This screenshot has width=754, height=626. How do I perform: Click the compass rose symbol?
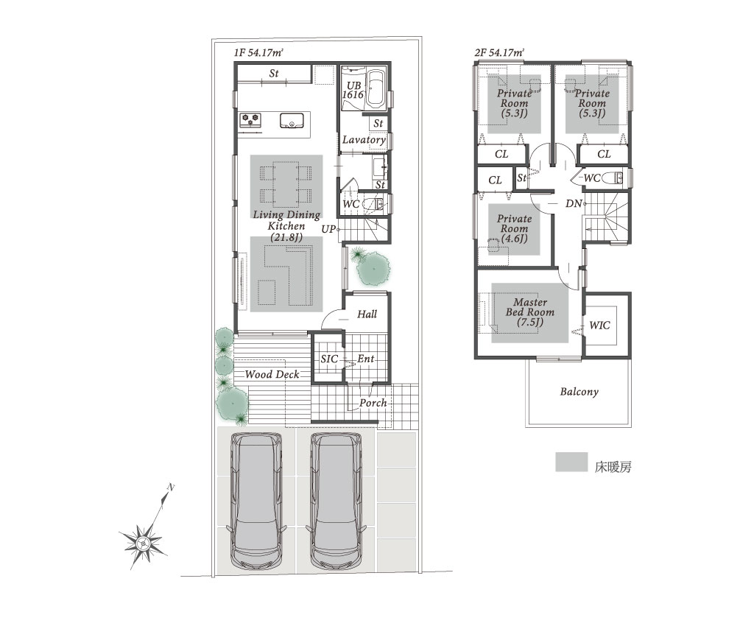click(x=143, y=544)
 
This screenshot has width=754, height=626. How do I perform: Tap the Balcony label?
click(x=579, y=391)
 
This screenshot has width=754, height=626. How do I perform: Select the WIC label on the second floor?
click(x=599, y=326)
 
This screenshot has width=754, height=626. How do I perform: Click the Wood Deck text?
click(x=272, y=374)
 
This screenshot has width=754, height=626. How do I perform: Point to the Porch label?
click(x=373, y=403)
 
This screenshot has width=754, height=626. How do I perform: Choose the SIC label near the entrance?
click(x=329, y=359)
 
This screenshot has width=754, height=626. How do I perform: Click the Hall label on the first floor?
click(x=367, y=314)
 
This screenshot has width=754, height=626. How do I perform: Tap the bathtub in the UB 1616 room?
click(x=376, y=89)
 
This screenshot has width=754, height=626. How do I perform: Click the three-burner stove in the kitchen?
click(x=250, y=120)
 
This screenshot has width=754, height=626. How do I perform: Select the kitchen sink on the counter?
click(x=292, y=121)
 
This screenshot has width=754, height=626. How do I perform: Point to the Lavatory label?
click(x=364, y=140)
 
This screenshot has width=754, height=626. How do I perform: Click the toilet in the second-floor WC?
click(x=612, y=178)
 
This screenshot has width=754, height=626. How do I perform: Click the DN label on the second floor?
click(x=573, y=204)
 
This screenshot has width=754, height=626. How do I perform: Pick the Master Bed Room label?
click(x=530, y=312)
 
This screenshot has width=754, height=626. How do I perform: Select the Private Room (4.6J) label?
click(x=515, y=228)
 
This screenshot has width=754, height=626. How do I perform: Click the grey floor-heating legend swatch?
click(x=571, y=462)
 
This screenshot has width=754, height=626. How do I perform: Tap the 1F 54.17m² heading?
click(x=258, y=52)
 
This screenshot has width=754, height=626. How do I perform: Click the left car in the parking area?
click(x=256, y=500)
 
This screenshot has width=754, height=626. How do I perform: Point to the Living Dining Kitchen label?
click(x=286, y=225)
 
